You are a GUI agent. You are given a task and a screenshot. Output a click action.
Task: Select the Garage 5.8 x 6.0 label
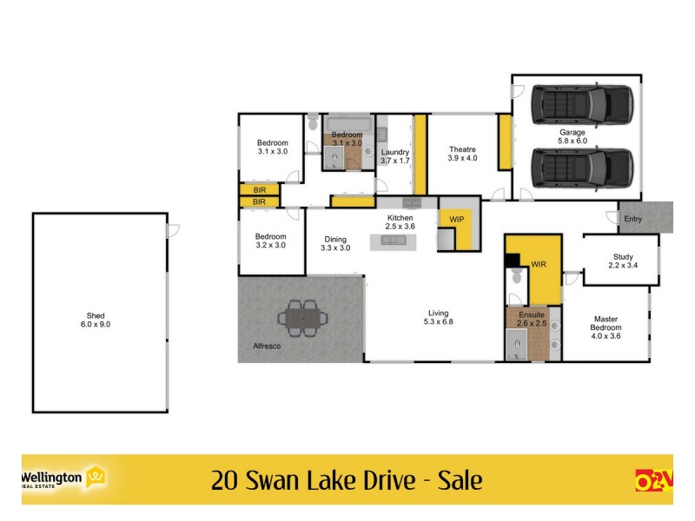pyautogui.click(x=573, y=136)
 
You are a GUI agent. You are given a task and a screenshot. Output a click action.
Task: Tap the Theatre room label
pyautogui.click(x=461, y=153)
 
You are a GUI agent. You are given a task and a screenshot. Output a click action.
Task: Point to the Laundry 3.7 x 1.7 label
pyautogui.click(x=394, y=156)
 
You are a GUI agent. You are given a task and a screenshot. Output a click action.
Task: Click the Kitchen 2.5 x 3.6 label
pyautogui.click(x=400, y=221)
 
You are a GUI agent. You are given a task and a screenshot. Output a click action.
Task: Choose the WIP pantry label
pyautogui.click(x=456, y=220)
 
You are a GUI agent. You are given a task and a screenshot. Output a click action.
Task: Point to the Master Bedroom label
pyautogui.click(x=606, y=327)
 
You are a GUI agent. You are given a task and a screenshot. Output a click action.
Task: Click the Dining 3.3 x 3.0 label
pyautogui.click(x=335, y=244)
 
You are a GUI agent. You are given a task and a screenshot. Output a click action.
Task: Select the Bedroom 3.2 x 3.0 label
pyautogui.click(x=270, y=241)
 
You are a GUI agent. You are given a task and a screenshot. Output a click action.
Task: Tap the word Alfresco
pyautogui.click(x=259, y=346)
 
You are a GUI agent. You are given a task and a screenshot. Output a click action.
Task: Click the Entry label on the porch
pyautogui.click(x=633, y=219)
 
